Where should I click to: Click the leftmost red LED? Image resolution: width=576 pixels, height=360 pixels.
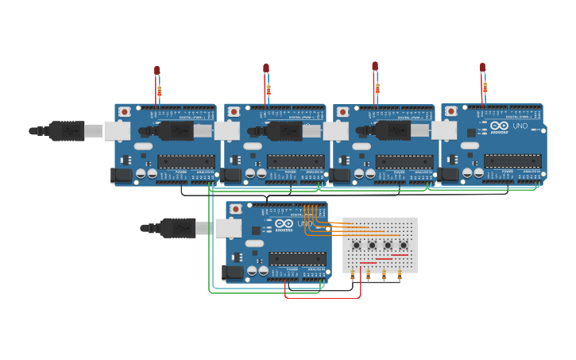pyautogui.click(x=157, y=71)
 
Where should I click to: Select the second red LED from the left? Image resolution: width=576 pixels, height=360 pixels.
pyautogui.click(x=266, y=68)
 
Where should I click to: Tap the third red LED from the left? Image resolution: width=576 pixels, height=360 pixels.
pyautogui.click(x=375, y=67)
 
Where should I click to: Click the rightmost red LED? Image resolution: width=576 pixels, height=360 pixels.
pyautogui.click(x=482, y=68)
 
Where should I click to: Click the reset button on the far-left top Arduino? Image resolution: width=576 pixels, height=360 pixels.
pyautogui.click(x=126, y=112)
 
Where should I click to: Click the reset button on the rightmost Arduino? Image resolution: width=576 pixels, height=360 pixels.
pyautogui.click(x=452, y=112)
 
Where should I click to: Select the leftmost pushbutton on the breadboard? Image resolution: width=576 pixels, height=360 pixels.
pyautogui.click(x=356, y=245)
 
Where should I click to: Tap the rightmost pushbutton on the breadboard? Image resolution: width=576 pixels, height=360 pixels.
pyautogui.click(x=403, y=245)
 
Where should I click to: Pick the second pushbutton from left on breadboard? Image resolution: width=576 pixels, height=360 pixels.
pyautogui.click(x=372, y=245)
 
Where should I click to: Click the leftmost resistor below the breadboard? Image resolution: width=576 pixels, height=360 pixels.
pyautogui.click(x=352, y=276)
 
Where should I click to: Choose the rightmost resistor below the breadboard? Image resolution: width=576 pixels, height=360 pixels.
pyautogui.click(x=399, y=276)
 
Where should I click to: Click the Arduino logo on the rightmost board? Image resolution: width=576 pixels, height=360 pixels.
pyautogui.click(x=500, y=126)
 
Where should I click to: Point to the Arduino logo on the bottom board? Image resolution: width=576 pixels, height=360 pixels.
pyautogui.click(x=284, y=223)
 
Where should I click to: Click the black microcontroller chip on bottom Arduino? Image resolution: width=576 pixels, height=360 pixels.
pyautogui.click(x=297, y=258)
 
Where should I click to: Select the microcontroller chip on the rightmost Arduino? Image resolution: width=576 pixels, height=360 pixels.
pyautogui.click(x=512, y=161)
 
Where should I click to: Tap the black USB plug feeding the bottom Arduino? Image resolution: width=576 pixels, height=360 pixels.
pyautogui.click(x=177, y=228)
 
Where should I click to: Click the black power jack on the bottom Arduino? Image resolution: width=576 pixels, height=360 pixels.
pyautogui.click(x=234, y=272)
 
